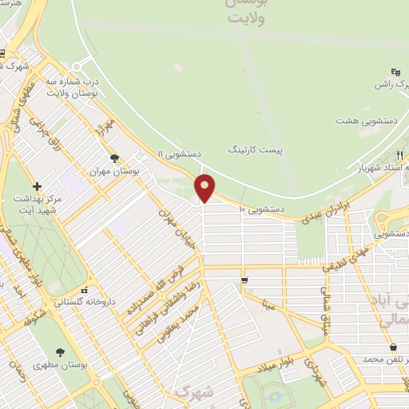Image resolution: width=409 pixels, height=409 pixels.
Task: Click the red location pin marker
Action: click(205, 188)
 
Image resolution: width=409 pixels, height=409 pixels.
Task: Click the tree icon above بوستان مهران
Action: click(115, 158)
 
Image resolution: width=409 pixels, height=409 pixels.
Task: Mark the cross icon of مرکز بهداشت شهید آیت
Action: click(37, 185)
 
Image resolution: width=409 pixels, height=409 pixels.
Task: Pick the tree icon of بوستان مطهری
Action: click(61, 352)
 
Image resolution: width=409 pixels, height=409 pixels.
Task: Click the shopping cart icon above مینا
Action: click(244, 280)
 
